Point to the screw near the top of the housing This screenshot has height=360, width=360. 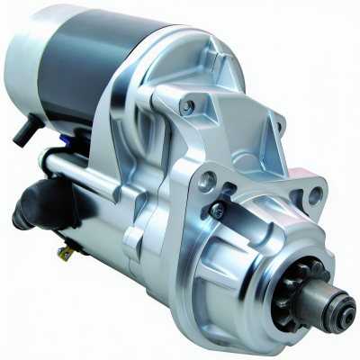pyautogui.click(x=187, y=105)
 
